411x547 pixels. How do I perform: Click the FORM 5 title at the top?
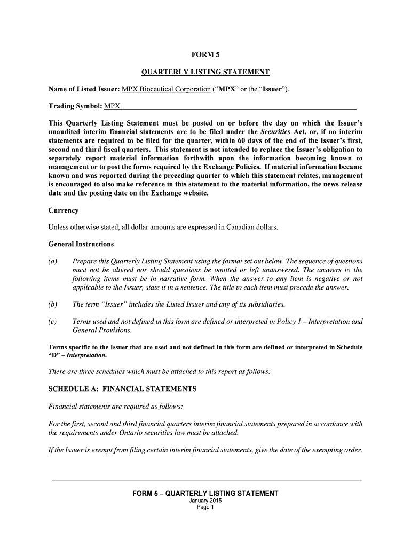click(x=205, y=54)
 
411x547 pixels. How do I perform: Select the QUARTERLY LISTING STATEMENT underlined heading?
click(x=205, y=72)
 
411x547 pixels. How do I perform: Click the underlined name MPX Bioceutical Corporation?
click(x=166, y=89)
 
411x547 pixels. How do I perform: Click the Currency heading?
click(x=64, y=210)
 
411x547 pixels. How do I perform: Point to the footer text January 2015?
click(x=205, y=501)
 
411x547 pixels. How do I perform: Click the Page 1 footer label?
click(x=205, y=507)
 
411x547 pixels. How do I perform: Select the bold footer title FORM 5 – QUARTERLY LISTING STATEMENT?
click(x=205, y=493)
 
